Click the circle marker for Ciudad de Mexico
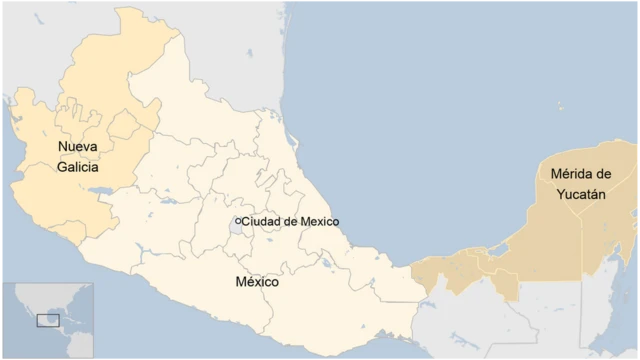click(x=237, y=221)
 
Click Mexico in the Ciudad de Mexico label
click(x=319, y=221)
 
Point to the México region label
click(x=257, y=283)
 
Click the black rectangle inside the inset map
click(x=47, y=320)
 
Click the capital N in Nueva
click(x=62, y=148)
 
